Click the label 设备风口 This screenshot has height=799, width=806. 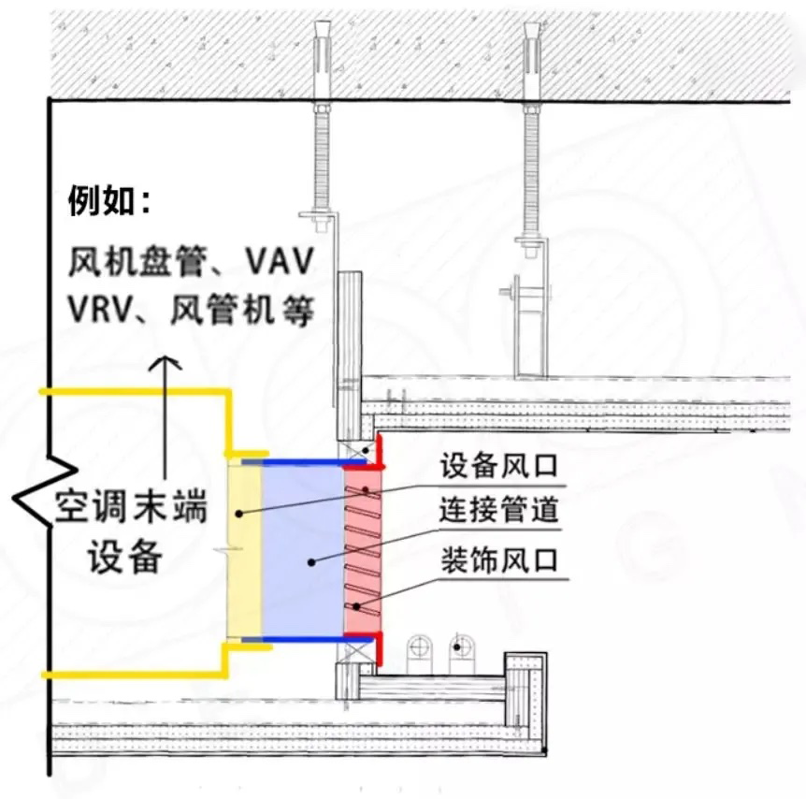(x=498, y=465)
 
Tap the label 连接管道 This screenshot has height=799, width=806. (x=498, y=511)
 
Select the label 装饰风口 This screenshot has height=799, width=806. (x=498, y=561)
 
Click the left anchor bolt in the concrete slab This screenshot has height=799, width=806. (x=323, y=47)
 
